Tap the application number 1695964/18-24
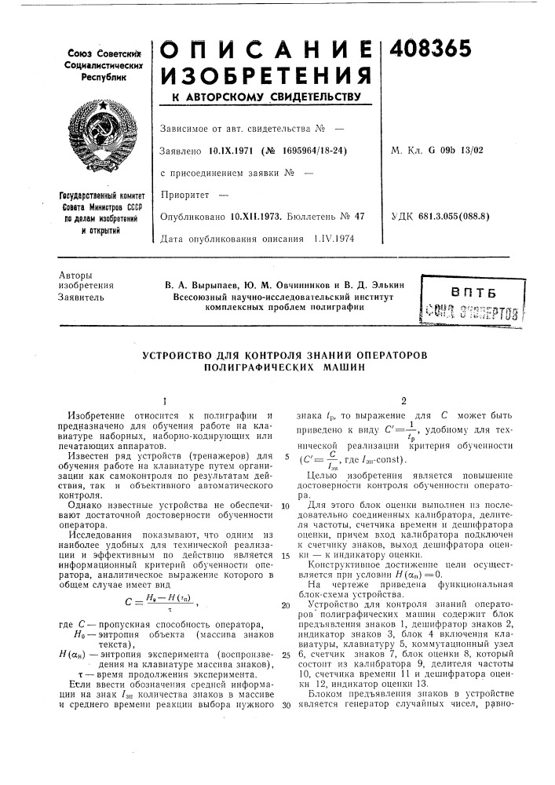coord(295,151)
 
